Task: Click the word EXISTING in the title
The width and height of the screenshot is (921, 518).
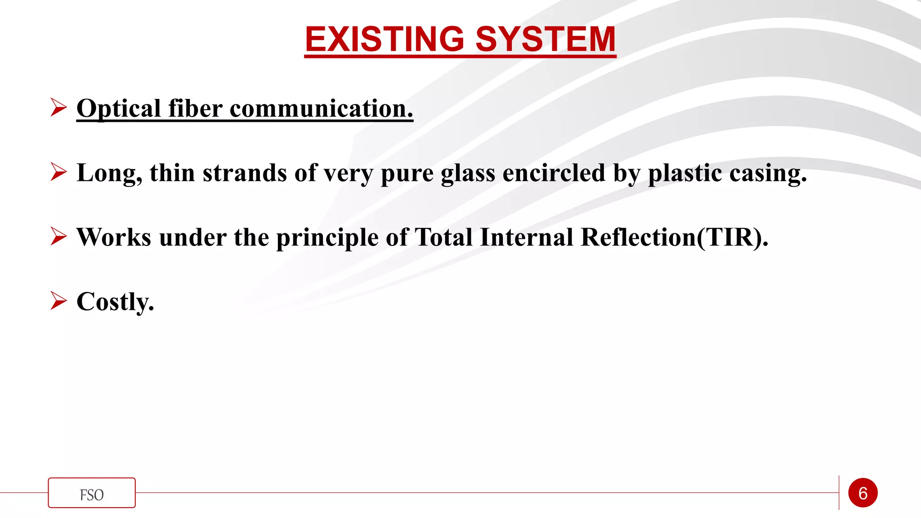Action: point(384,39)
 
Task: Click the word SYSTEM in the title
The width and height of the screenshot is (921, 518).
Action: point(545,39)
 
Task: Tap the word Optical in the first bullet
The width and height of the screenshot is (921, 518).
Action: point(119,109)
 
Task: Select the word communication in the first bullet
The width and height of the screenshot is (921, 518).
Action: point(321,109)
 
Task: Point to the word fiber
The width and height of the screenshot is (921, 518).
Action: point(195,109)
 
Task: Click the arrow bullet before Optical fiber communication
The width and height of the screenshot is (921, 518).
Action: point(58,107)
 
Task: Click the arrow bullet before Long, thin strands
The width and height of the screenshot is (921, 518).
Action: point(58,172)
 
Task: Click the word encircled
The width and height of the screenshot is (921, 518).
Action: point(554,173)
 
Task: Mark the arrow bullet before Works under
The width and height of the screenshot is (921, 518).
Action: point(58,236)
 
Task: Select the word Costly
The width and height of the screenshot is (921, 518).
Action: point(115,302)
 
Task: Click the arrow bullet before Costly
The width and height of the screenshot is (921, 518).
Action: point(58,300)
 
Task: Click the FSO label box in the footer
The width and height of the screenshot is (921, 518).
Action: point(92,493)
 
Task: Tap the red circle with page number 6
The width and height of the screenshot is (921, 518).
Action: point(863,493)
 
